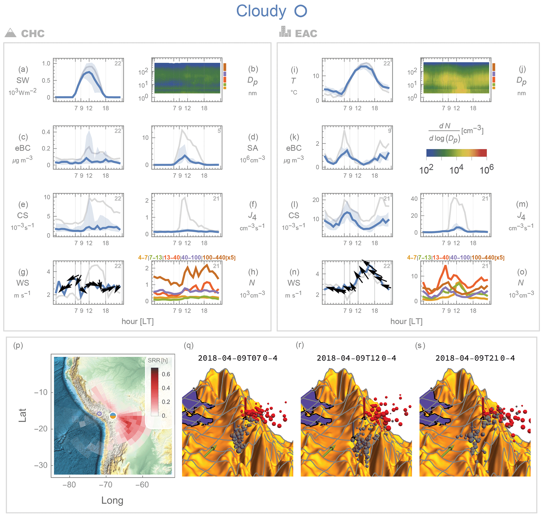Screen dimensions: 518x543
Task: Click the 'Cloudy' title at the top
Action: tap(261, 11)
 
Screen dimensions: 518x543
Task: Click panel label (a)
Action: tap(23, 69)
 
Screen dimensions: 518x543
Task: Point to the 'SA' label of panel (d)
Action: tap(252, 148)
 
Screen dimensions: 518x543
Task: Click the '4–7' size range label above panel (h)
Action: tap(143, 258)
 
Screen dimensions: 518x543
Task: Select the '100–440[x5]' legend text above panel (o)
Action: tap(488, 258)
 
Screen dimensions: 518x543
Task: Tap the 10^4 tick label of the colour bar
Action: tap(456, 170)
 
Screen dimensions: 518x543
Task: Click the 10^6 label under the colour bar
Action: tap(486, 170)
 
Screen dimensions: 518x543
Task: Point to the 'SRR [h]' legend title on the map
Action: tap(158, 360)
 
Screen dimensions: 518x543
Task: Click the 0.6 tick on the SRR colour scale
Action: tap(166, 374)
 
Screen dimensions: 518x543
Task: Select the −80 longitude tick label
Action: tap(69, 485)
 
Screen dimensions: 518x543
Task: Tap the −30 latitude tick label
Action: tap(41, 465)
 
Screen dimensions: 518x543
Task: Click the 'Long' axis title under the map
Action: tap(112, 500)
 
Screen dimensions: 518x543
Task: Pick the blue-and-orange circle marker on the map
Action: tap(113, 416)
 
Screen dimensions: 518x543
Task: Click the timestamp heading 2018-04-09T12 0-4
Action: tap(356, 358)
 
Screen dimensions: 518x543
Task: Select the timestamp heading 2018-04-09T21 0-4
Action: tap(475, 358)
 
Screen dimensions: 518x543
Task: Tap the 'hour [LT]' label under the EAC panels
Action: tap(406, 321)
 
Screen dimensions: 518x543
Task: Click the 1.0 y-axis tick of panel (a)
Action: tap(46, 64)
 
